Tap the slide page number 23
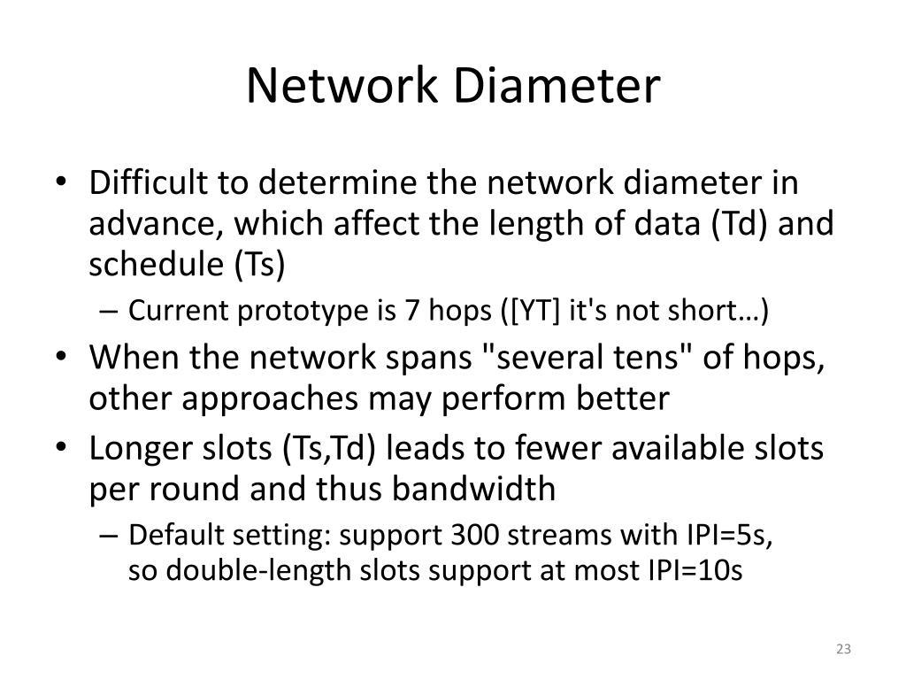[841, 650]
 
